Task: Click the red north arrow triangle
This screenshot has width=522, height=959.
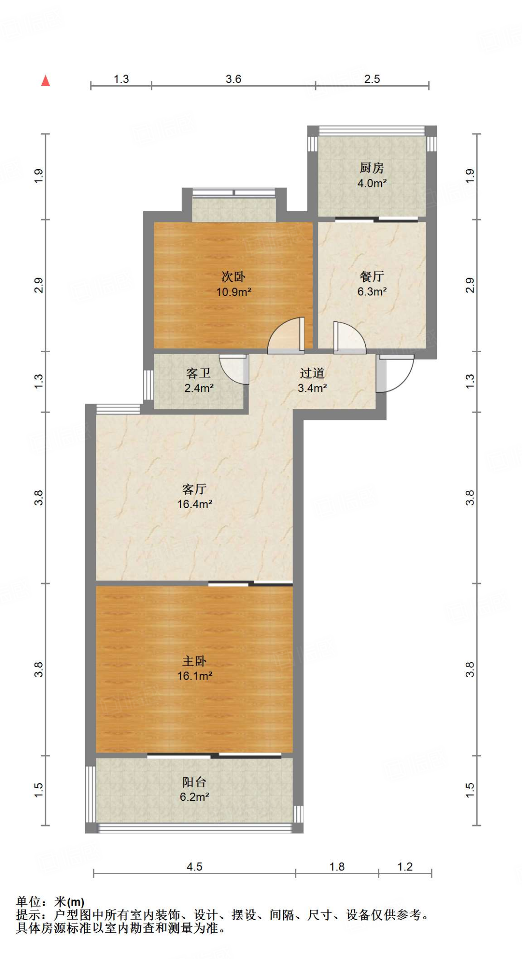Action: (x=45, y=81)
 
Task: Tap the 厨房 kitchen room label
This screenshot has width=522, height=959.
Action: (x=372, y=168)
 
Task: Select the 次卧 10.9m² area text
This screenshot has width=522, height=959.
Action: (x=234, y=292)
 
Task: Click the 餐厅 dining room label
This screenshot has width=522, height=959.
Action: (x=372, y=277)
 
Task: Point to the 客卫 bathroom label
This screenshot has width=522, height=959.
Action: (x=199, y=373)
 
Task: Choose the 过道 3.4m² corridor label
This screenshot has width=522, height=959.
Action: (x=312, y=380)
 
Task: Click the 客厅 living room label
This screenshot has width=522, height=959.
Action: (x=194, y=489)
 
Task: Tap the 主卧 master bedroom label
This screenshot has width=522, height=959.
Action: (x=194, y=661)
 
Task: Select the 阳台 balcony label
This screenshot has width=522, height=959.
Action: (x=194, y=782)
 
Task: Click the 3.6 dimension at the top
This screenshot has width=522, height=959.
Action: (x=233, y=79)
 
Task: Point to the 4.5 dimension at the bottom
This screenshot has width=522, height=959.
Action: (x=194, y=867)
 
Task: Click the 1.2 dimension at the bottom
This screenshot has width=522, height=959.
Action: (x=405, y=867)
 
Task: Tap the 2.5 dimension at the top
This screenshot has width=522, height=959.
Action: (x=372, y=79)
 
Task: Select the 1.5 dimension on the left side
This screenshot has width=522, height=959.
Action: (x=39, y=790)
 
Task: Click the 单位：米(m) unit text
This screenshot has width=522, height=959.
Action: (x=50, y=901)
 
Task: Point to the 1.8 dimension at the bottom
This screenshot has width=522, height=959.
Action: (x=337, y=867)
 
